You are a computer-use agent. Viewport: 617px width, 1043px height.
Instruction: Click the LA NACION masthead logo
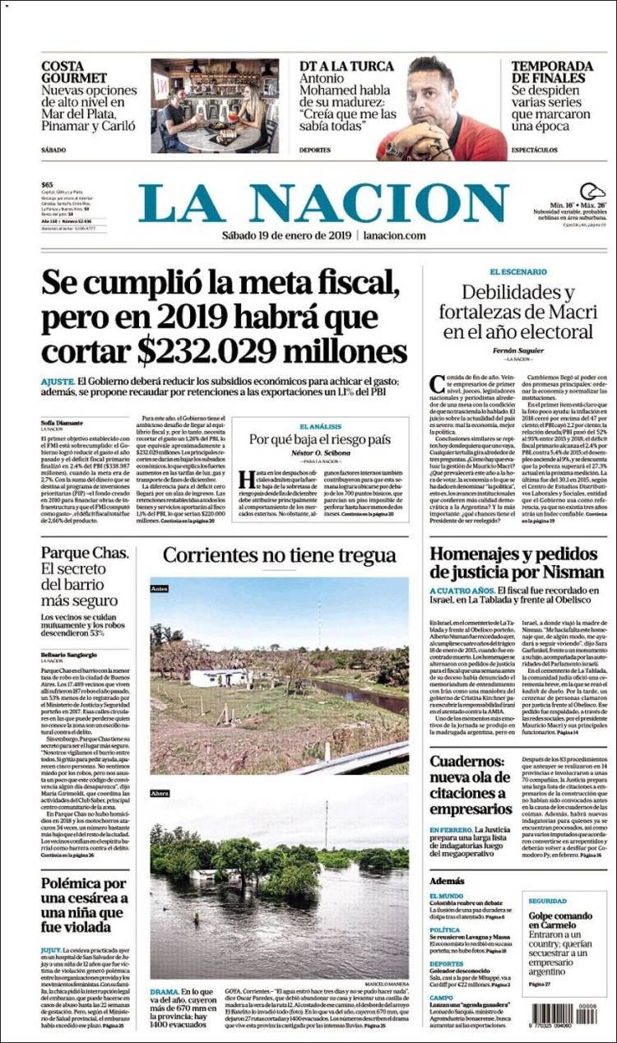(323, 203)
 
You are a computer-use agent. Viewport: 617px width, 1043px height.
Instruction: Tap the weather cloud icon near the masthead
(592, 192)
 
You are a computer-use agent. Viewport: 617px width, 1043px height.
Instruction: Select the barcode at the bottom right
(564, 1013)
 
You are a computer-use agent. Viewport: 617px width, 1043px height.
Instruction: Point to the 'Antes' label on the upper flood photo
(160, 589)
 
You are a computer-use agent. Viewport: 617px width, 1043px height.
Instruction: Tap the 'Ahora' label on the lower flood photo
(160, 794)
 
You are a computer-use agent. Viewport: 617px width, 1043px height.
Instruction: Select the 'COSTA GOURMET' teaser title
(74, 72)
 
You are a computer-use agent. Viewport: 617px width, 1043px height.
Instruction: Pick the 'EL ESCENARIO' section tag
(517, 271)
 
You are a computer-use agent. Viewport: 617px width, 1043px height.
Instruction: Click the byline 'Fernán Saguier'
(517, 350)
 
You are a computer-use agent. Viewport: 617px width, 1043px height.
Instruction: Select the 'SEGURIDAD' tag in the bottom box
(547, 901)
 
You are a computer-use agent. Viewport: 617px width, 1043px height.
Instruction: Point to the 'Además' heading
(447, 880)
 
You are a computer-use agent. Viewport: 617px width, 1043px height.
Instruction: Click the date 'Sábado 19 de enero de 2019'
(286, 236)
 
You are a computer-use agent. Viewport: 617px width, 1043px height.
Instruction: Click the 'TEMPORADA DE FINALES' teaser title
(551, 72)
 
